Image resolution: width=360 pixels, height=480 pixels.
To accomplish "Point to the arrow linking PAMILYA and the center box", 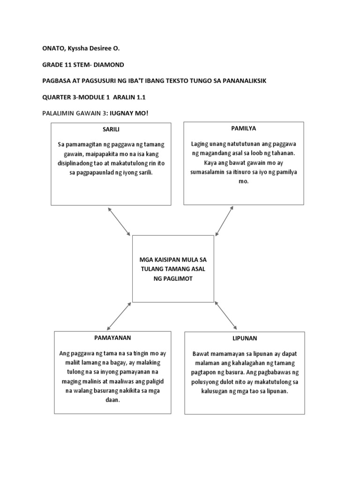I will (x=224, y=221).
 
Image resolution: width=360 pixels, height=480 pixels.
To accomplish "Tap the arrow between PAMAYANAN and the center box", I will (x=119, y=316).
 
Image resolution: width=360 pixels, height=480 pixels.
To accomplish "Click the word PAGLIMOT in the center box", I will (x=173, y=278).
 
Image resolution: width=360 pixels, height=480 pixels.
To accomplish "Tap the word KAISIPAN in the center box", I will (x=170, y=259).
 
